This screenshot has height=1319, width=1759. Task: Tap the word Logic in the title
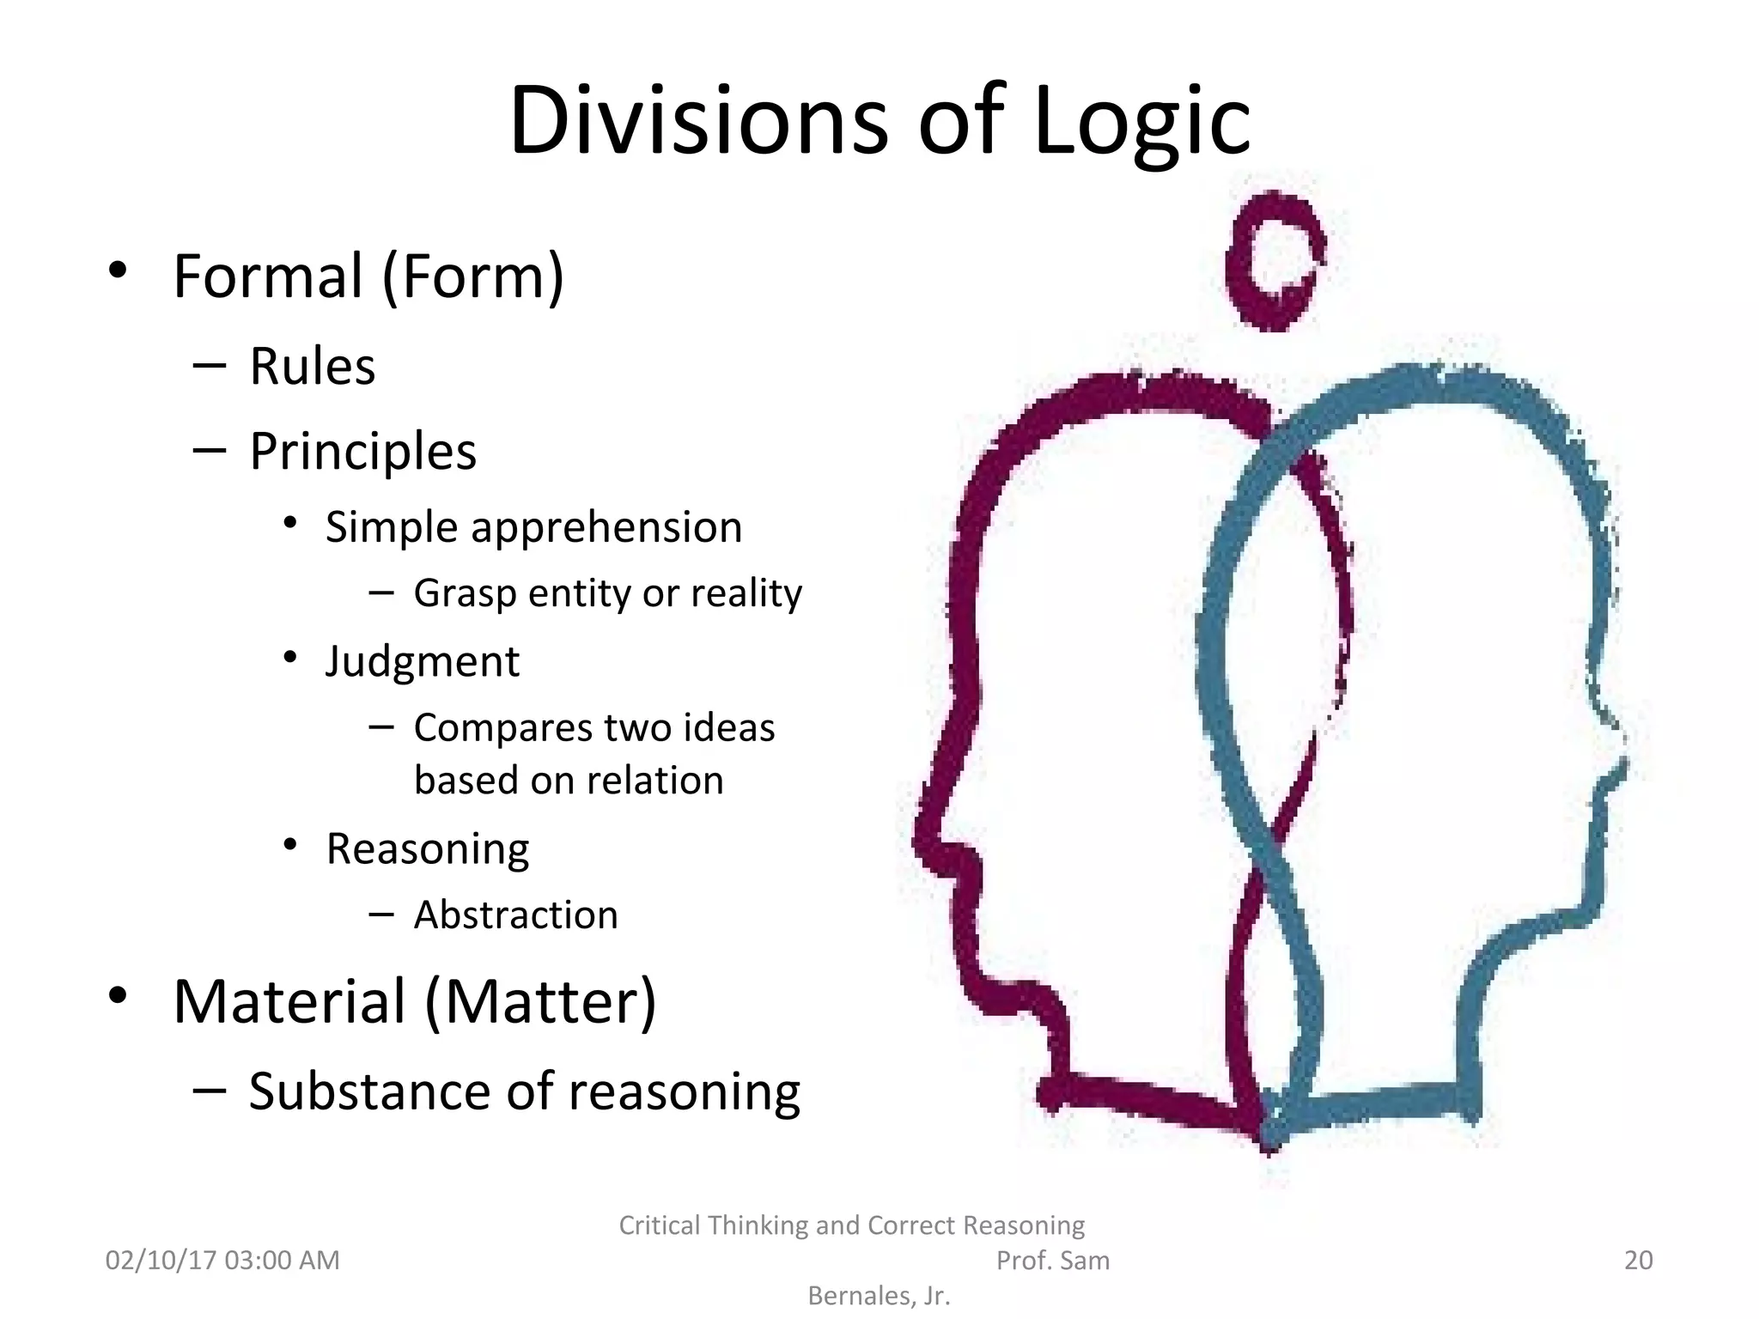(1141, 123)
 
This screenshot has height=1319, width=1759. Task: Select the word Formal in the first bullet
(268, 277)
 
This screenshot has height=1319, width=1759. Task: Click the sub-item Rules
(313, 367)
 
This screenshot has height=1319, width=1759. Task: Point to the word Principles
(362, 452)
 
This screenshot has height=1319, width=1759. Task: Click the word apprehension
(606, 528)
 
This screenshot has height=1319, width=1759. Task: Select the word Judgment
(423, 662)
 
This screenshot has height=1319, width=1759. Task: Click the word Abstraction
(515, 915)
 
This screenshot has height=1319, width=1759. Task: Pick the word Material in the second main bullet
(289, 1002)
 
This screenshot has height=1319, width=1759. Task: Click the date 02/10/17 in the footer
(160, 1260)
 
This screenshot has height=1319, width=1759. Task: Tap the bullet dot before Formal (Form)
(118, 270)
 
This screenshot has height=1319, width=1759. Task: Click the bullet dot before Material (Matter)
(118, 995)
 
